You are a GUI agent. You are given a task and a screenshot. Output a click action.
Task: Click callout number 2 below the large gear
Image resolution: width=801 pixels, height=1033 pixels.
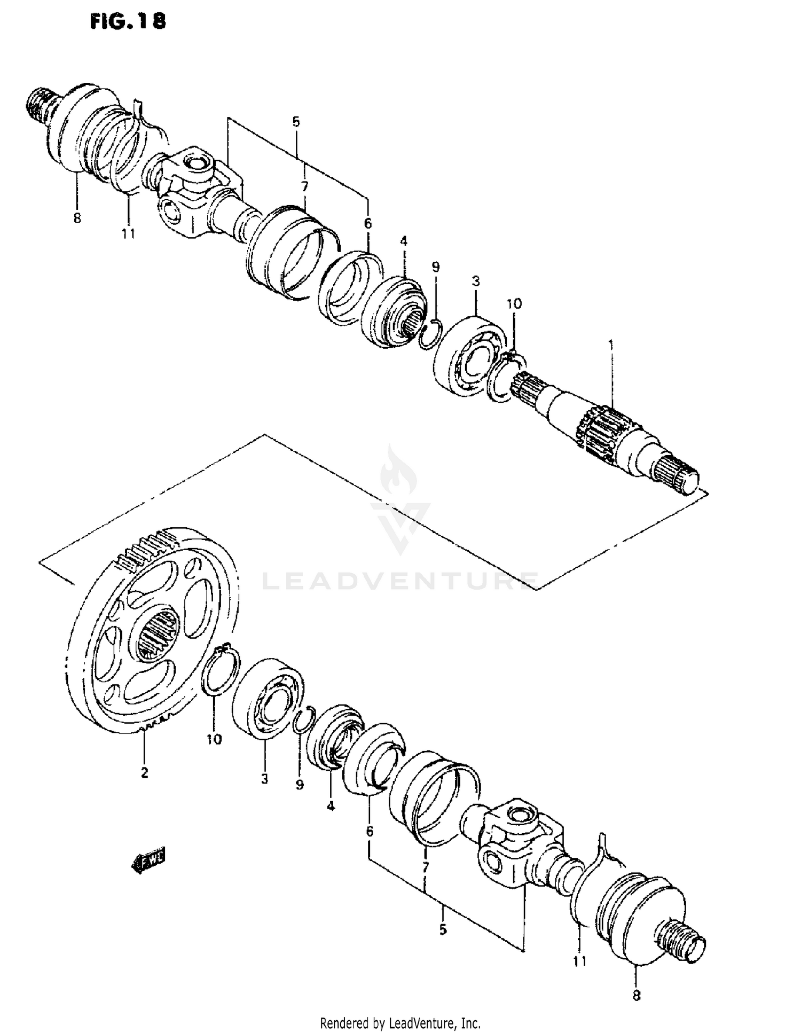[x=144, y=772]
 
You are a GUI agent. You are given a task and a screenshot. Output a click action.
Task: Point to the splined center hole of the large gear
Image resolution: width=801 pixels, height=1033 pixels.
[x=158, y=635]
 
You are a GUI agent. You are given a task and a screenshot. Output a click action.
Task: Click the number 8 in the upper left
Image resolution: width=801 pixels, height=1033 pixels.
[x=77, y=218]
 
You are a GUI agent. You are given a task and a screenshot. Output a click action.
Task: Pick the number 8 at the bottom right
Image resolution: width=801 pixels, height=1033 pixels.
[x=636, y=996]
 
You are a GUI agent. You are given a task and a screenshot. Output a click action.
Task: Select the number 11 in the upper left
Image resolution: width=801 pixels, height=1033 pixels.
[x=128, y=233]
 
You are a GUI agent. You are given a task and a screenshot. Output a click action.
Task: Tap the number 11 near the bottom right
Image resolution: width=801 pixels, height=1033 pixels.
[x=580, y=961]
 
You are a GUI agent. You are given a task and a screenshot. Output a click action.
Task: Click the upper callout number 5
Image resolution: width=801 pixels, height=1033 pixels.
[x=296, y=122]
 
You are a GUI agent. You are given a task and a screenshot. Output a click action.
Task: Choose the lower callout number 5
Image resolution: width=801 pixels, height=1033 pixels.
[x=443, y=930]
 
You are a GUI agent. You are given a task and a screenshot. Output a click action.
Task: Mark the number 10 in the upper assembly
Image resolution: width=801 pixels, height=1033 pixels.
[x=514, y=304]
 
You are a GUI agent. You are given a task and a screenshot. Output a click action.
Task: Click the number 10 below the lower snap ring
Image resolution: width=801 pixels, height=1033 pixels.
[x=214, y=739]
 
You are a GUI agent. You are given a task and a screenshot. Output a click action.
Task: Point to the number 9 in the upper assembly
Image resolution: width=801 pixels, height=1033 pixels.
[x=436, y=267]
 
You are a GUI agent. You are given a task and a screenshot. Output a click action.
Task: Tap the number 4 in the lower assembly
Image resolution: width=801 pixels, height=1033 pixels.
[x=331, y=806]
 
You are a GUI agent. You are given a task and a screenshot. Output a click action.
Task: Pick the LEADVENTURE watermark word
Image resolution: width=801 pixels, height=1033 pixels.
[x=400, y=581]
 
